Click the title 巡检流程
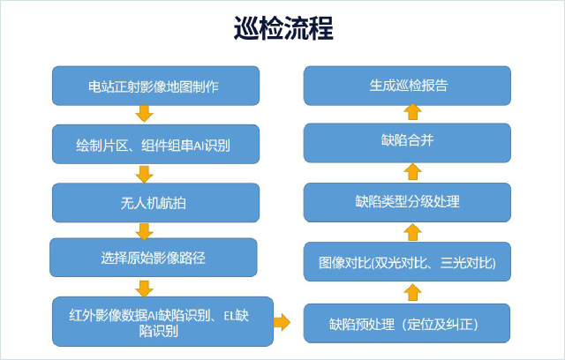tap(283, 28)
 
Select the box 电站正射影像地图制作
tap(155, 86)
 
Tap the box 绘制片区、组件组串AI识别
tap(155, 145)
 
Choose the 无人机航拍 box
tap(155, 203)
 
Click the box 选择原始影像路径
tap(154, 258)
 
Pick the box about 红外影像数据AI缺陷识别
tap(162, 321)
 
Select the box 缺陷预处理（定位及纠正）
tap(407, 323)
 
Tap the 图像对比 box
tap(407, 262)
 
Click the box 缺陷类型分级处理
tap(407, 202)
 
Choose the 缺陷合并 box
tap(407, 143)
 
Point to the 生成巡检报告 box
tap(407, 86)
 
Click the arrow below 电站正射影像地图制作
tap(144, 114)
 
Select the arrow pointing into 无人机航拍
tap(144, 174)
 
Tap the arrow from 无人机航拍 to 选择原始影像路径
tap(144, 231)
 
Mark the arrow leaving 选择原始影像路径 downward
tap(144, 289)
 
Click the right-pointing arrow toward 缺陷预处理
tap(282, 321)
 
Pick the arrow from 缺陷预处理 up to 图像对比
tap(412, 292)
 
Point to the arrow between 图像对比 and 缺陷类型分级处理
tap(412, 232)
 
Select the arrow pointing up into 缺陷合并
tap(412, 171)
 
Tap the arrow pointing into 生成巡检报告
tap(412, 111)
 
